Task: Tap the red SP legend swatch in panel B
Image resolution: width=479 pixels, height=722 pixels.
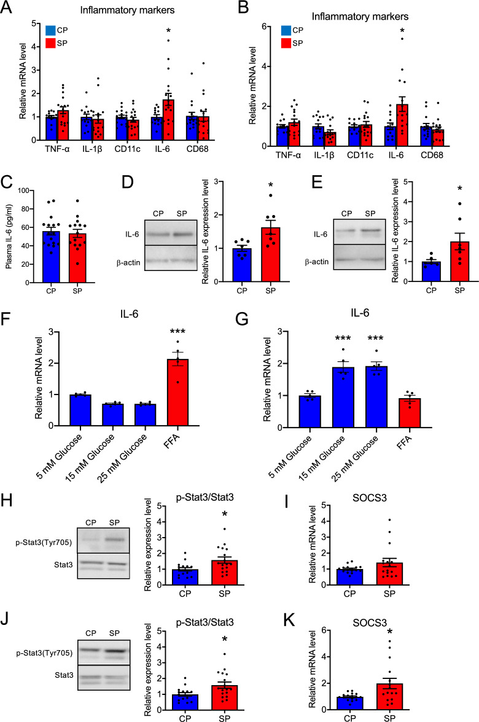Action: click(287, 42)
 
